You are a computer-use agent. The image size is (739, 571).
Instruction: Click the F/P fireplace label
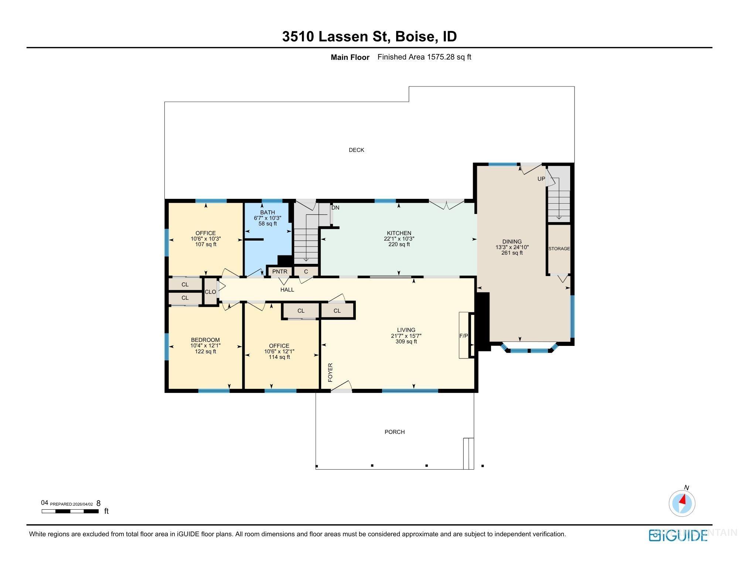coord(463,336)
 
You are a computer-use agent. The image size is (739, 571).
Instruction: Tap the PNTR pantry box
coord(280,272)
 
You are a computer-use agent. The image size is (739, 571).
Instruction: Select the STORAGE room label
coord(559,249)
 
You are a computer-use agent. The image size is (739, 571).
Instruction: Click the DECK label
coord(356,150)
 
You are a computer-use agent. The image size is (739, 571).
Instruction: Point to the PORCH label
coord(395,432)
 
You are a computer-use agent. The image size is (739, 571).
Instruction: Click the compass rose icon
coord(682,503)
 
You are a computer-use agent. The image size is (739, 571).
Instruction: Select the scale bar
coord(70,511)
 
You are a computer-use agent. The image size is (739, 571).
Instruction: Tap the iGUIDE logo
coord(678,535)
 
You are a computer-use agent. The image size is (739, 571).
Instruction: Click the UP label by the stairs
coord(541,179)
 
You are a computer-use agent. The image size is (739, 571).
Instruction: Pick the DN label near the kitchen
coord(335,208)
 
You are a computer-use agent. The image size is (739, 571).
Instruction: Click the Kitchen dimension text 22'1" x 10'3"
coord(399,239)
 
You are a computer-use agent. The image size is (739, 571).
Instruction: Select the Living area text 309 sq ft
coord(406,341)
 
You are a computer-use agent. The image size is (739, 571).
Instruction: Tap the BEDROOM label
coord(205,340)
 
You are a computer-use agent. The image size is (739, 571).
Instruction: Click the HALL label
coord(287,290)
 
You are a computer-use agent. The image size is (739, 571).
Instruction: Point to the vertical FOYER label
coord(330,372)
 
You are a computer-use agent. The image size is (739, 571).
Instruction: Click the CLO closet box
coord(210,292)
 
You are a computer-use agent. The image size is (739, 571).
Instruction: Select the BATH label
coord(268,213)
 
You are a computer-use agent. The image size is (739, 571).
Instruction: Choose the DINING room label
coord(512,242)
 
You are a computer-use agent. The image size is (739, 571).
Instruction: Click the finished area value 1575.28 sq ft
coord(449,57)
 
